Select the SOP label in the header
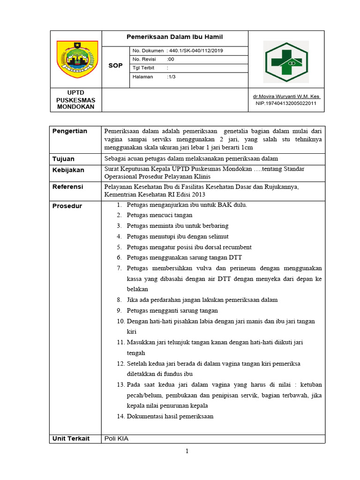(x=115, y=66)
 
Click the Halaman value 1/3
(x=171, y=77)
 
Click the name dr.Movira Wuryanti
(x=286, y=97)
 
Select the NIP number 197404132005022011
(x=286, y=103)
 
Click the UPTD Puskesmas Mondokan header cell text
(x=75, y=99)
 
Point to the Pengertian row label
(x=69, y=131)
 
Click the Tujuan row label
(x=63, y=159)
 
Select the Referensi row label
(x=67, y=187)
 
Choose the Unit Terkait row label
(x=70, y=438)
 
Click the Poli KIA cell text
(x=117, y=438)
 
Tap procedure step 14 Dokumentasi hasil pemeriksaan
(x=170, y=416)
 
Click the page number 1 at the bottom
(x=187, y=451)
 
